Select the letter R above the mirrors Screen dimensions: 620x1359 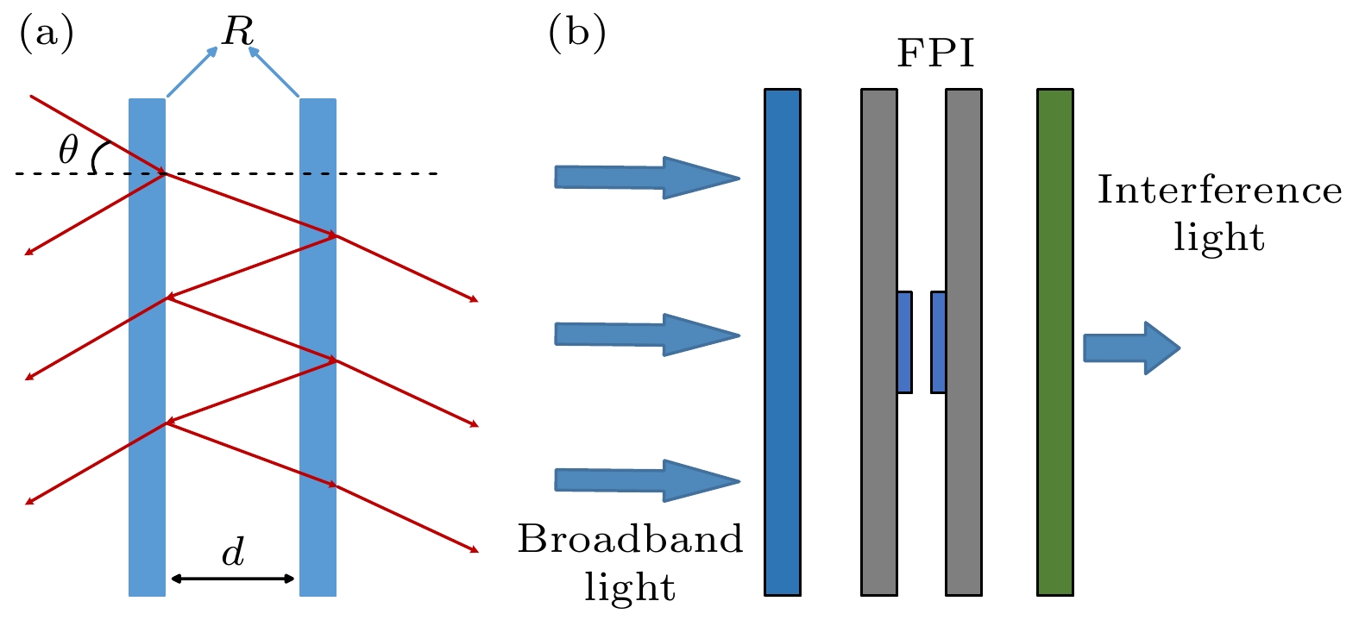(x=237, y=33)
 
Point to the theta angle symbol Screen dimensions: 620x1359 (x=68, y=150)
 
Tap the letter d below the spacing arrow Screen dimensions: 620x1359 (x=233, y=552)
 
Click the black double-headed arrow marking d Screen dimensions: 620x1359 (x=233, y=579)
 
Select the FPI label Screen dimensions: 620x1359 (x=935, y=53)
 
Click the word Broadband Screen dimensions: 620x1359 (x=630, y=540)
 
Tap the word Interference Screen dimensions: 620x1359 (x=1219, y=191)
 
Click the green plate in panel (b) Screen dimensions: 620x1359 (x=1054, y=341)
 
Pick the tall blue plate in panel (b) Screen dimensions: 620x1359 (x=783, y=341)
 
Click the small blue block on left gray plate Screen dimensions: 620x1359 (x=904, y=342)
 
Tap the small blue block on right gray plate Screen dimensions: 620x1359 (x=938, y=342)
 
